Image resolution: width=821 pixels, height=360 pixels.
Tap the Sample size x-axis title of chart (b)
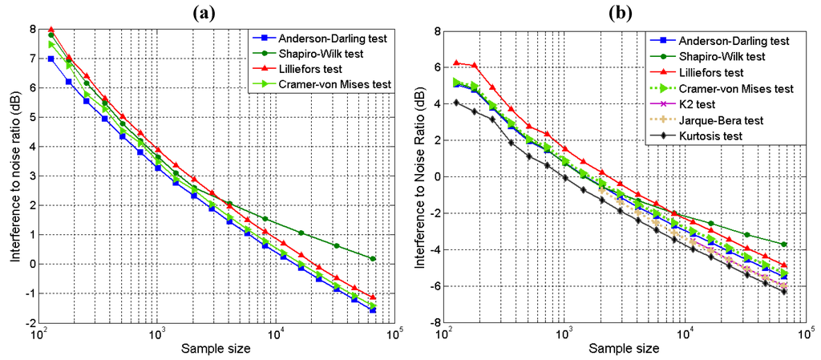(x=625, y=350)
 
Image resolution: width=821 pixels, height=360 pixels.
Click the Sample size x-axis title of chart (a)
(x=216, y=350)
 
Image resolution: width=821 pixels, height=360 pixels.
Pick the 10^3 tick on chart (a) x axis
(x=157, y=334)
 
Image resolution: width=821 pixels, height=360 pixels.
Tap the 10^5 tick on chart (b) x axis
(x=803, y=334)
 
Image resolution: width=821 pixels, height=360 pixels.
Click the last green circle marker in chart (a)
(x=374, y=258)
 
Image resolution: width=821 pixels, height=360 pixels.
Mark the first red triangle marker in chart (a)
(x=51, y=30)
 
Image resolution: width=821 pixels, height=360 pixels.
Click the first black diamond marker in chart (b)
(x=456, y=102)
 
